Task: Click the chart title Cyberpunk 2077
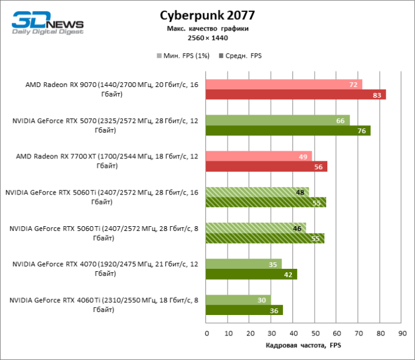click(x=207, y=15)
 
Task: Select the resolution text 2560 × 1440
click(x=207, y=38)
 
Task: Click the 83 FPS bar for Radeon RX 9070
click(x=295, y=95)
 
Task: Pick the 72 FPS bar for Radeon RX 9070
click(x=283, y=85)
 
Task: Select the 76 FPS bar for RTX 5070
click(x=288, y=131)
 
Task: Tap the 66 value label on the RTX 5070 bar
click(x=340, y=121)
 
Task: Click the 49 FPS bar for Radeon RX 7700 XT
click(x=258, y=157)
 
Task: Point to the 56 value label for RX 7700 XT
click(x=318, y=167)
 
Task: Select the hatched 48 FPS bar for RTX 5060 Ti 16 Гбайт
click(x=257, y=193)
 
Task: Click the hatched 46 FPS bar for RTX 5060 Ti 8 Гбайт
click(x=256, y=229)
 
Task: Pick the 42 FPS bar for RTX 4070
click(x=251, y=274)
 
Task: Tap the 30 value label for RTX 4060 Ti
click(x=262, y=300)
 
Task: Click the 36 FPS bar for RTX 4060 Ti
click(x=244, y=310)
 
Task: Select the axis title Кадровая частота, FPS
click(x=303, y=346)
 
